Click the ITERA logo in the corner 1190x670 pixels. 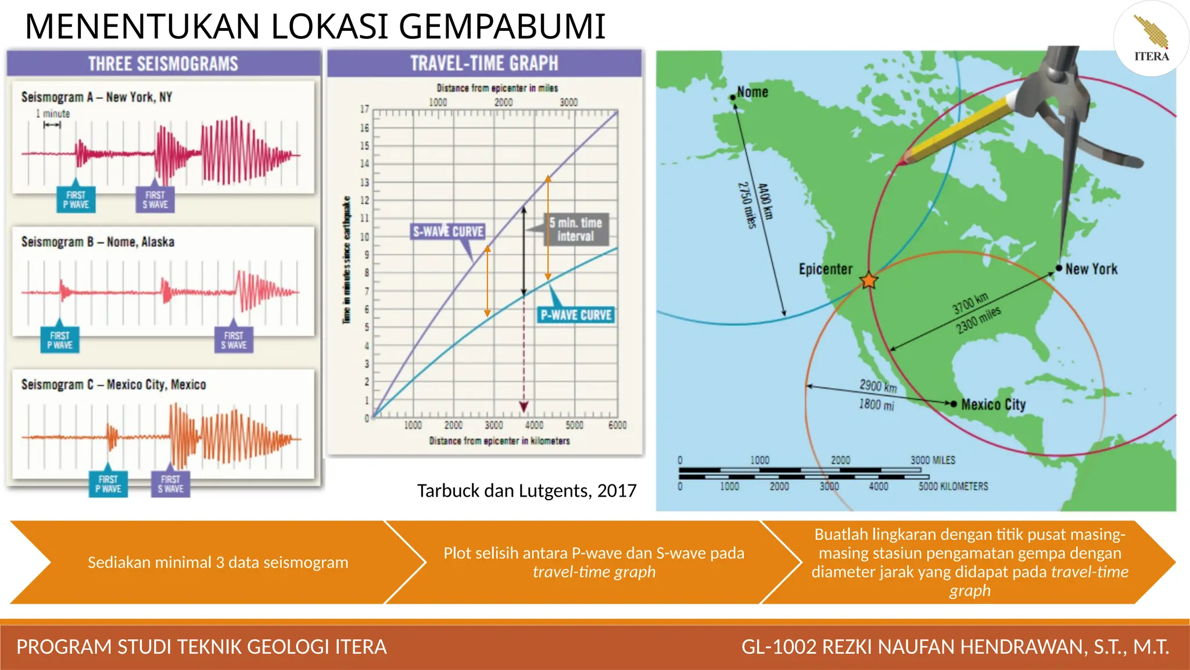[x=1150, y=39]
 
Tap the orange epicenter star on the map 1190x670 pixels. [x=869, y=280]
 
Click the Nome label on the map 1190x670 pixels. [x=752, y=92]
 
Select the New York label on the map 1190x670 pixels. [x=1091, y=269]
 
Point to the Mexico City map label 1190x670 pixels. [x=993, y=404]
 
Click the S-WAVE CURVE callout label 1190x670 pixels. [x=448, y=231]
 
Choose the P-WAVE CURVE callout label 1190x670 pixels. [x=576, y=315]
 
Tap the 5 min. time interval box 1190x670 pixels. [x=576, y=229]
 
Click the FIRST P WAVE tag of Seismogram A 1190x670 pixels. [x=76, y=199]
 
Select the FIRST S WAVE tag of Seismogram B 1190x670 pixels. [x=234, y=340]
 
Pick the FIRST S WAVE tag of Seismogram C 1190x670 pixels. [x=170, y=484]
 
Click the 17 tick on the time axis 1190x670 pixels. [x=364, y=109]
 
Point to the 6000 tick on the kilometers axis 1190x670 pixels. [x=617, y=425]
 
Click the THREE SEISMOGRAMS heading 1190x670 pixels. [x=163, y=63]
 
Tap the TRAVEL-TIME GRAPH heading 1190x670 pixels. [x=484, y=63]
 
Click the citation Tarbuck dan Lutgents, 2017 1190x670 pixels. [x=526, y=491]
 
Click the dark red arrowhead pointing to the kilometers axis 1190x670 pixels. [x=524, y=407]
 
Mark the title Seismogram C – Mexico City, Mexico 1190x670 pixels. [x=113, y=384]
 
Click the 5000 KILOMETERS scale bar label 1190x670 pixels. [x=953, y=486]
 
